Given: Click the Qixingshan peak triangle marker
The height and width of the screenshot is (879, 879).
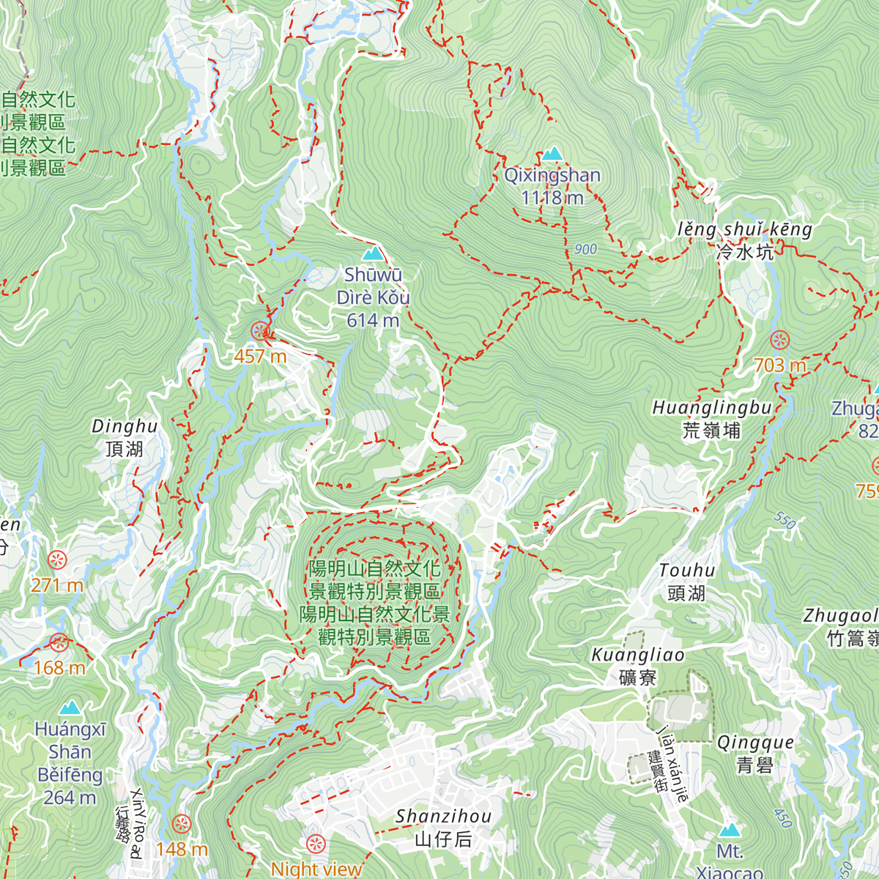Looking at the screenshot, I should tap(552, 153).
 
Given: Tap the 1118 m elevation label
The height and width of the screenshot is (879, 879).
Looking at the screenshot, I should tap(552, 198).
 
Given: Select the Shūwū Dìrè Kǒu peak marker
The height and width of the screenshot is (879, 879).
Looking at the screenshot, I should tap(374, 253).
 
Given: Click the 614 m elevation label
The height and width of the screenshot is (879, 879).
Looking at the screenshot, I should tap(373, 320).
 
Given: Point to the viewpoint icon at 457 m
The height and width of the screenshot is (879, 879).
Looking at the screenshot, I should tap(259, 331).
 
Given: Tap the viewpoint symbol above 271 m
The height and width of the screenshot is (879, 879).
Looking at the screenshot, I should tap(57, 560).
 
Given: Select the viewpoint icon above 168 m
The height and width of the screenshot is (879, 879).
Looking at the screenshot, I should tap(59, 643).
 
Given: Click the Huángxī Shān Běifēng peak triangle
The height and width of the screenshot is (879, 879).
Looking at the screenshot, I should tap(70, 708).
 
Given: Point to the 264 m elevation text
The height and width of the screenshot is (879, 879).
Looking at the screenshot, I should tap(70, 798).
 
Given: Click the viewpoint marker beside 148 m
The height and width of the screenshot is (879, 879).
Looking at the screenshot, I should tap(181, 823).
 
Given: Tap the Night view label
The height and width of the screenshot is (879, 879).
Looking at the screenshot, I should tap(316, 869).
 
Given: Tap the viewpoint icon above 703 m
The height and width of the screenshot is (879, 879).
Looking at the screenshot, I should tap(780, 340).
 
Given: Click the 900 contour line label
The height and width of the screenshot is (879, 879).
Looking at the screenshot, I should tap(585, 249).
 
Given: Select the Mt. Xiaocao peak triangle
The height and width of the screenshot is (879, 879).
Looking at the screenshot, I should tap(729, 830).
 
